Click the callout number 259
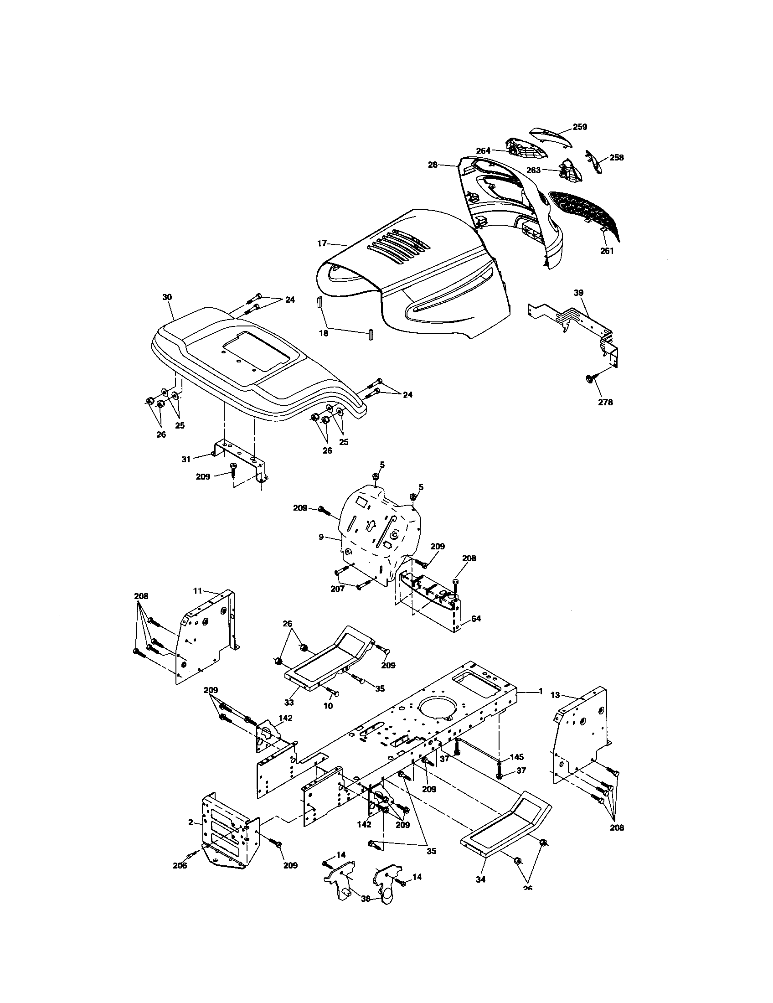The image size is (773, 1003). coord(580,127)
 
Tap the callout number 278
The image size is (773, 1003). coord(605,402)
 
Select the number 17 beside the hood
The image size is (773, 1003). coord(322,243)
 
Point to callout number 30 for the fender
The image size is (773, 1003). coord(167,297)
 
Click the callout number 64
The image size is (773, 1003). coord(476,619)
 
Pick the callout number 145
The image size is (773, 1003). coord(517,757)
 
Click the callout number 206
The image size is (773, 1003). coord(180,865)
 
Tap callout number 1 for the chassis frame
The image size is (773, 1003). coord(540,703)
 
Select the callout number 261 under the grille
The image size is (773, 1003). coord(607,251)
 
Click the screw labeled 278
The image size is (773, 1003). coord(590,378)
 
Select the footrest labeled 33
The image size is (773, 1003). coord(326,662)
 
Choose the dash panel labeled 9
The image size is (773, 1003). coord(376,533)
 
